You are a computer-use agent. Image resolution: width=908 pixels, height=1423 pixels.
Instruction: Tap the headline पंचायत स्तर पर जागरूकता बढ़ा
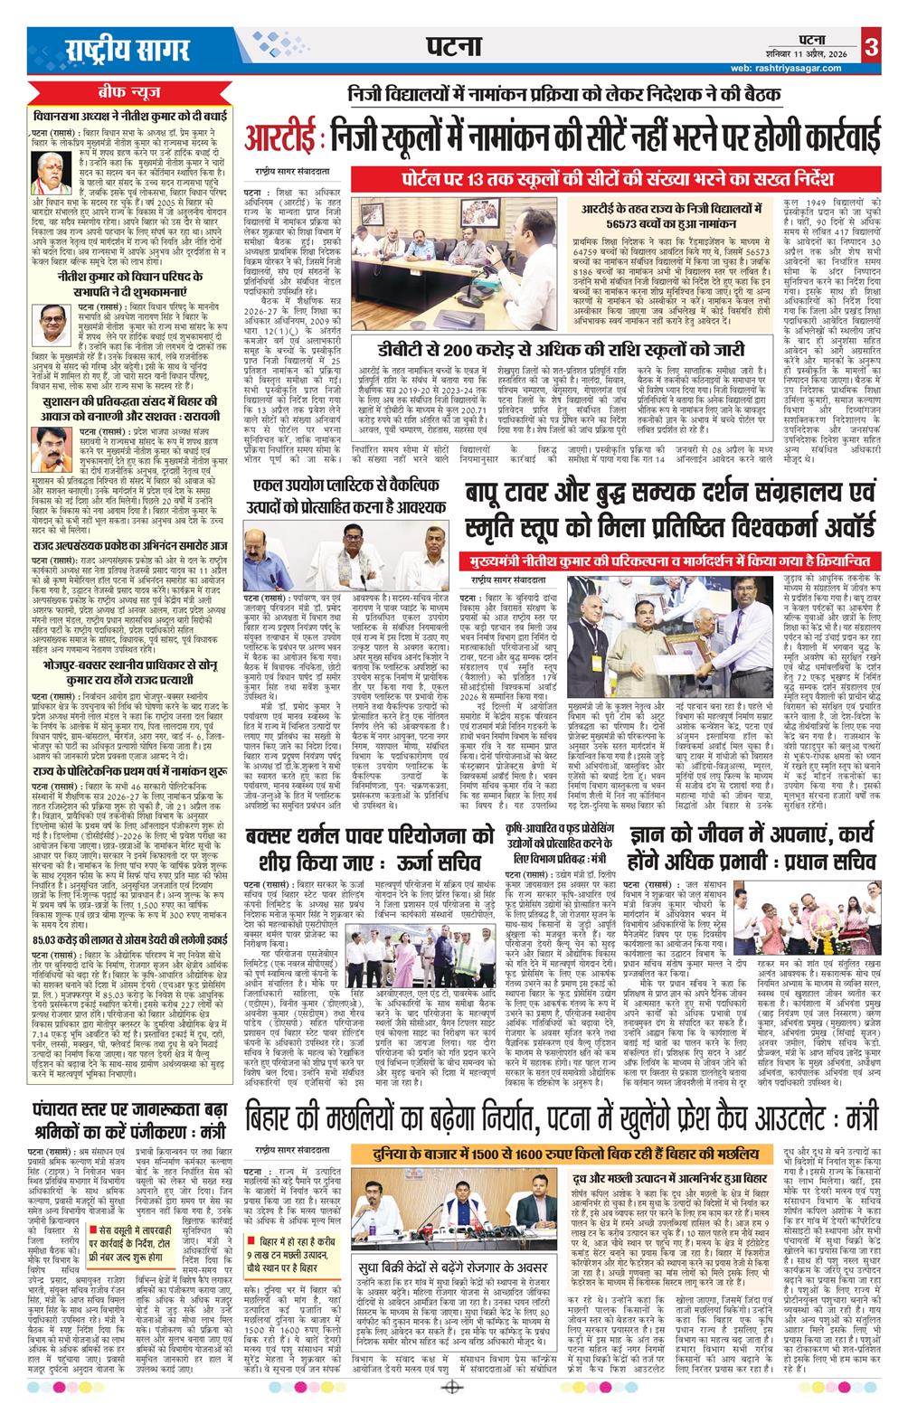coord(127,1111)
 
